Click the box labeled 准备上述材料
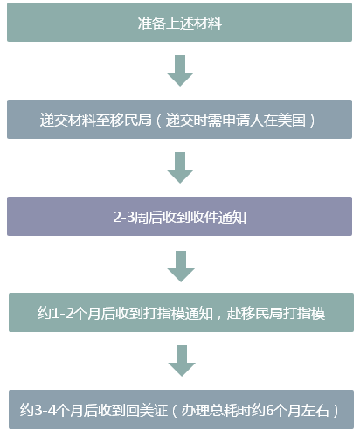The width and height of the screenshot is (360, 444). (179, 22)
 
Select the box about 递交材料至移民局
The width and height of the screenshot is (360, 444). (179, 119)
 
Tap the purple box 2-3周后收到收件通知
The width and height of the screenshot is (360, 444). (179, 216)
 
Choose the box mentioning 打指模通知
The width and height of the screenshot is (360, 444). (181, 312)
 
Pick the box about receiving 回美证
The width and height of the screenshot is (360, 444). (181, 409)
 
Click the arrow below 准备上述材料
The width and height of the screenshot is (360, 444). (180, 71)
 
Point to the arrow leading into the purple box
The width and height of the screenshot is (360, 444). (180, 168)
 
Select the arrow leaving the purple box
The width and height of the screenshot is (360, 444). (181, 267)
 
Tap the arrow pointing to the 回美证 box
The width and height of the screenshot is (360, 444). (182, 361)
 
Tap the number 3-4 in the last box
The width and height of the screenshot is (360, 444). (45, 411)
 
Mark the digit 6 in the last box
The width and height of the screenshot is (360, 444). (269, 411)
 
